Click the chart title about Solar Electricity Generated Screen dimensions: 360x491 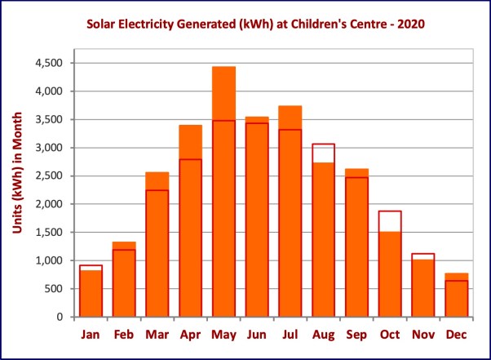click(245, 25)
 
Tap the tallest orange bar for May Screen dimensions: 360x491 click(223, 196)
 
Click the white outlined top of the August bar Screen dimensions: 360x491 click(324, 153)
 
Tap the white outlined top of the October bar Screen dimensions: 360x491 click(391, 221)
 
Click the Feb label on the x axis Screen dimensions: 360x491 click(123, 336)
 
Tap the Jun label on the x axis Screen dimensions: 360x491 click(257, 336)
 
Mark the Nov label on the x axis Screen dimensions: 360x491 click(423, 336)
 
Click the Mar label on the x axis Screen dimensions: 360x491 click(157, 336)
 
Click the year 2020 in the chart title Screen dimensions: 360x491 click(410, 25)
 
